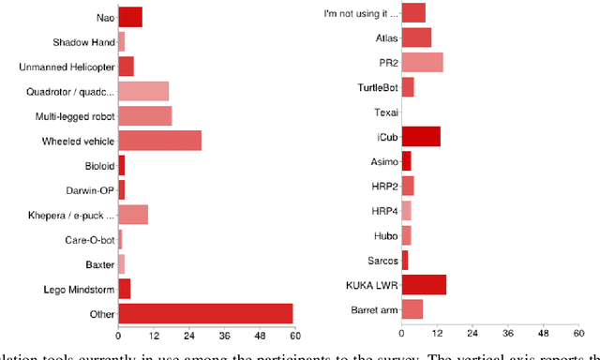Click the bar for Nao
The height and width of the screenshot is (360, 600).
[130, 18]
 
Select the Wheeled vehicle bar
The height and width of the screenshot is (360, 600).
[159, 141]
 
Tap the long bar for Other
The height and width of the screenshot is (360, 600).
[205, 312]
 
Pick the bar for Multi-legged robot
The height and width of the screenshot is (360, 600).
[144, 116]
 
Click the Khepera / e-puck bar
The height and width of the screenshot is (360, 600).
[133, 215]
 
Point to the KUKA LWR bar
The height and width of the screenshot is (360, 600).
[424, 285]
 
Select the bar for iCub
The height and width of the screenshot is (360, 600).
[421, 137]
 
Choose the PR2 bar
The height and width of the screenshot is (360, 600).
[422, 63]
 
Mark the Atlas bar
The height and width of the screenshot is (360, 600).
[416, 38]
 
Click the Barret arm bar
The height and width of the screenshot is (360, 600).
[412, 309]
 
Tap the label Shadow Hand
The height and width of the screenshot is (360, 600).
[83, 42]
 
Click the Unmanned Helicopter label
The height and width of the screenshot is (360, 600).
[67, 67]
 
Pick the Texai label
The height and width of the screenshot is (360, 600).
[385, 112]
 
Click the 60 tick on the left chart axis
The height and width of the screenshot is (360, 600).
[294, 335]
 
